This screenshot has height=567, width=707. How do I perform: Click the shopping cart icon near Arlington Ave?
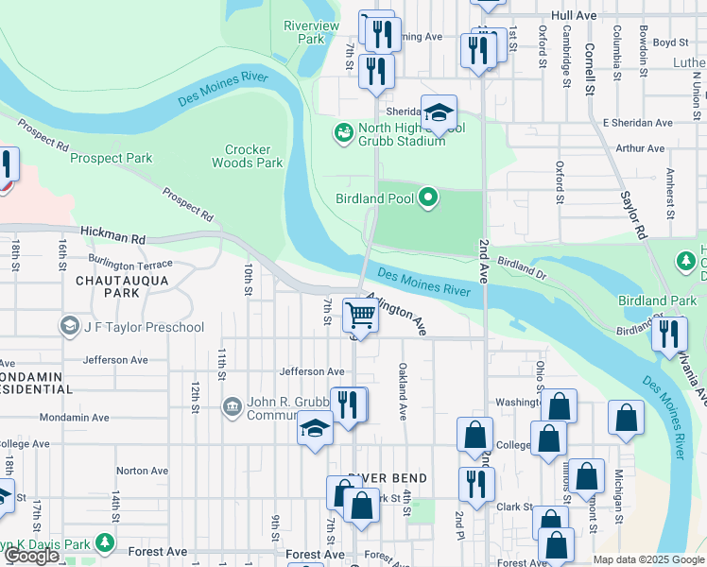coord(359,314)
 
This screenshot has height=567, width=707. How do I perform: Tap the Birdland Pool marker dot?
coord(428,198)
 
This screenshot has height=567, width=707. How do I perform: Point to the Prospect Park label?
coord(112,159)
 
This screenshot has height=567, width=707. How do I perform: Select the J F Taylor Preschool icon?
coord(69,327)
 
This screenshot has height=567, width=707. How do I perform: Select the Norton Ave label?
coord(142,471)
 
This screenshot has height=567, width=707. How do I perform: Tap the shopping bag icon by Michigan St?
coord(626,417)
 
